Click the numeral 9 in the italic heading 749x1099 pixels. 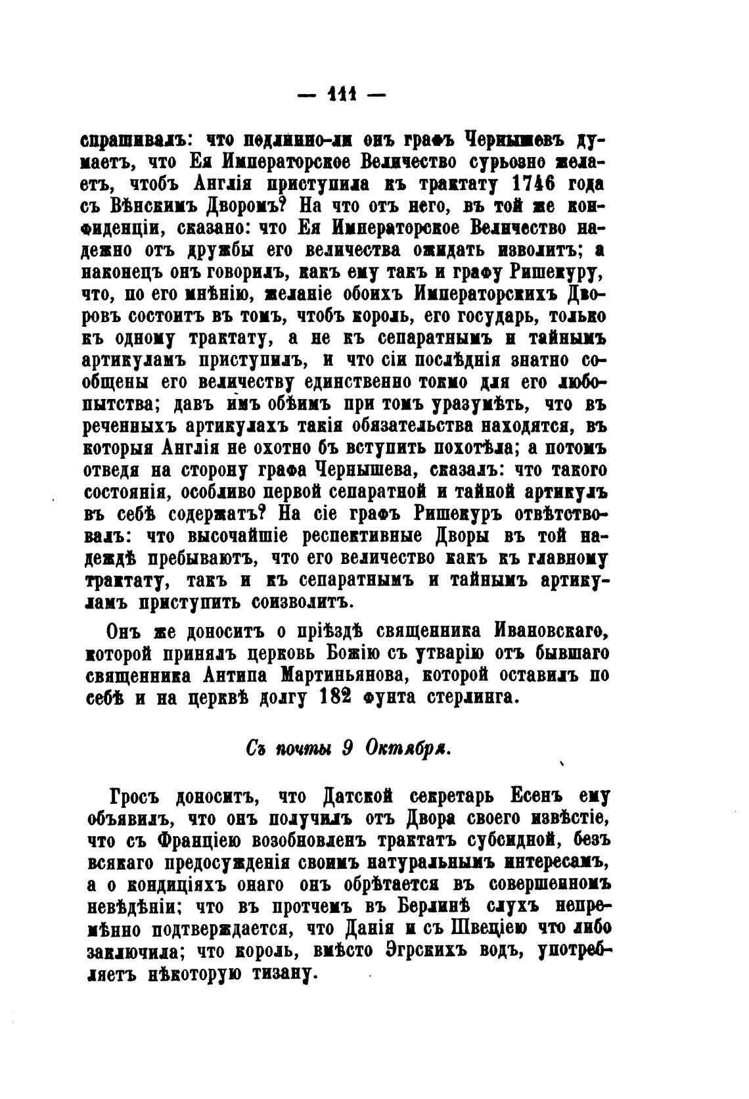(349, 749)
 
